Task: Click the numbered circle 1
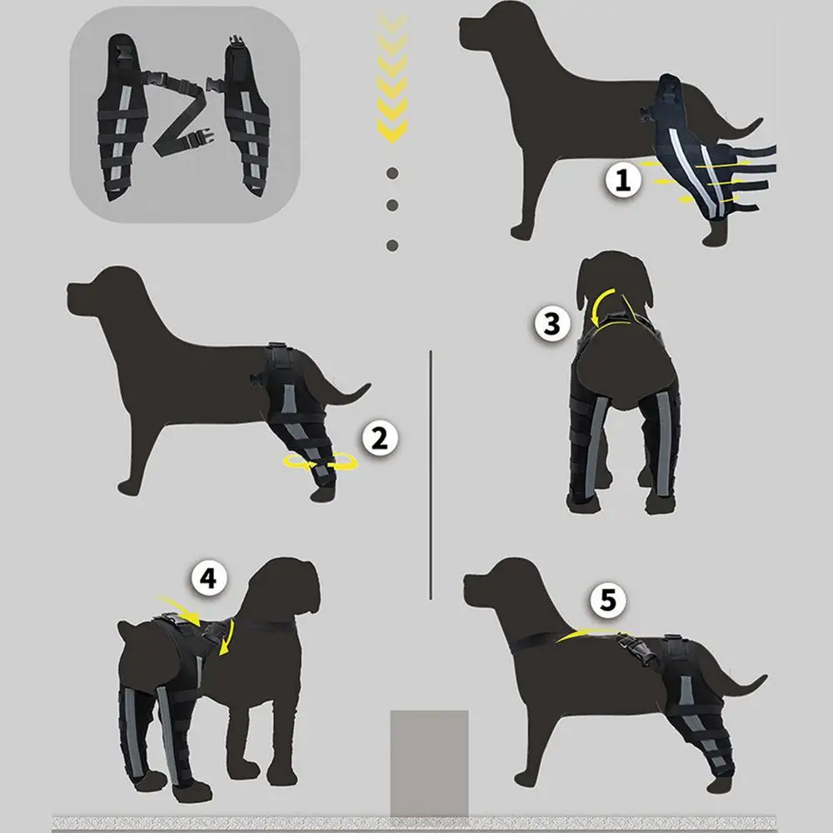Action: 623,180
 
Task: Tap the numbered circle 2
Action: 379,438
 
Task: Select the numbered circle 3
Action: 552,323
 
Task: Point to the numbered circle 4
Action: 209,577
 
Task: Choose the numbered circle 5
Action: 608,601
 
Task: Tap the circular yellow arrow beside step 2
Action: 321,462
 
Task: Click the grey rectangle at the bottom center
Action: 429,763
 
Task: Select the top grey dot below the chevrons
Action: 392,173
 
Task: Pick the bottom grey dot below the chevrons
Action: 392,246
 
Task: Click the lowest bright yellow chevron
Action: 392,131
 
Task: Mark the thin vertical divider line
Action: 431,475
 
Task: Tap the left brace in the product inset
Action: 121,117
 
